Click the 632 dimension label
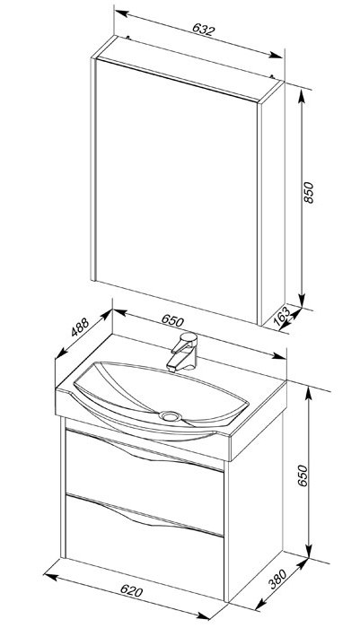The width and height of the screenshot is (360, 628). point(204,30)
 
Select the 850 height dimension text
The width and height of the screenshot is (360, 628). point(308,192)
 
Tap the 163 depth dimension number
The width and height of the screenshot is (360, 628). point(283,315)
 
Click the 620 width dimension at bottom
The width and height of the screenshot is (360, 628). point(131,590)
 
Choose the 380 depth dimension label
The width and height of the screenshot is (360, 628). point(277,579)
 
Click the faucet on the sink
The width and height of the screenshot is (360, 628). point(183,352)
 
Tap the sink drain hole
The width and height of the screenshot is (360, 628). point(171,416)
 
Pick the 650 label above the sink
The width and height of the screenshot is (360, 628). point(172,320)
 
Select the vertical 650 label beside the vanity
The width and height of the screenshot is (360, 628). point(303,475)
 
